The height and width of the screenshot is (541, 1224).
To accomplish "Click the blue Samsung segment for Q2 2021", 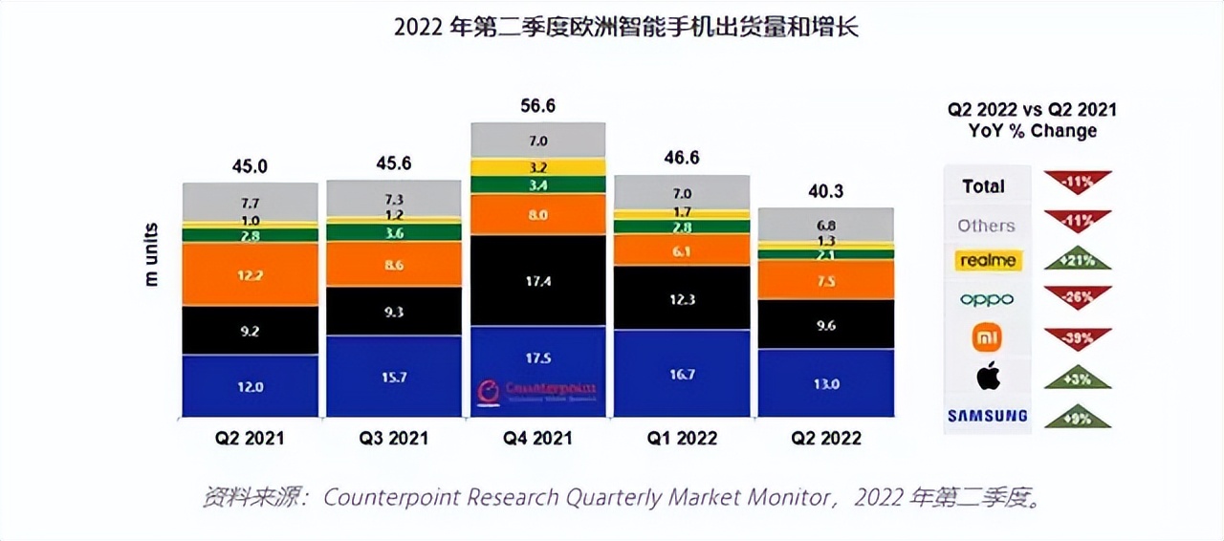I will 250,386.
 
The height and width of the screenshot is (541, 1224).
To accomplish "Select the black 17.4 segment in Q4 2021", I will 538,281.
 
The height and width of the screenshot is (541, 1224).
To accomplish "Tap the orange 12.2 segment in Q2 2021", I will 250,274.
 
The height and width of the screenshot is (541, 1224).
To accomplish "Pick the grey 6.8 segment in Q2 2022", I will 825,225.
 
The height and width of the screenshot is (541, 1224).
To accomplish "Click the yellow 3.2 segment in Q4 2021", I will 538,167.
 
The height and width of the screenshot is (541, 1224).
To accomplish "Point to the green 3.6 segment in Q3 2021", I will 394,231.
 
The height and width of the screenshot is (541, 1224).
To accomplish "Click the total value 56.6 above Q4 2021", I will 537,106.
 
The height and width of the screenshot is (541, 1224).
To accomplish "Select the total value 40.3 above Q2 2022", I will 825,191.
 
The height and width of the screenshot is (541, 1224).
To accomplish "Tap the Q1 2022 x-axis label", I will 682,438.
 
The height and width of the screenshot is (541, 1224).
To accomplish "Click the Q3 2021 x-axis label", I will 394,438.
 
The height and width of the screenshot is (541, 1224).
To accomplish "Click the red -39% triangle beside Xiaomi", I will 1077,336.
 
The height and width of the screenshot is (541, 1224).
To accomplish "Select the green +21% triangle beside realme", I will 1077,261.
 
